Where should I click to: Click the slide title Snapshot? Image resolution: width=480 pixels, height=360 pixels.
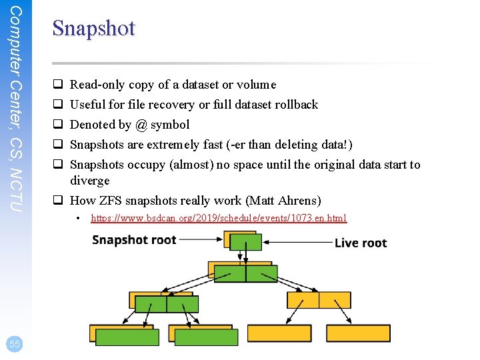click(x=93, y=28)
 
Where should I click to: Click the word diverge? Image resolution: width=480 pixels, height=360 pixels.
click(x=90, y=181)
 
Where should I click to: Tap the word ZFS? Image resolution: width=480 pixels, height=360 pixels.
click(x=109, y=201)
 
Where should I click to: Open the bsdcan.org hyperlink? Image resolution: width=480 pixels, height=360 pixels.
click(x=219, y=218)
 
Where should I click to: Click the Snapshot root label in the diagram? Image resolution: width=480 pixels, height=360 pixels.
click(x=134, y=240)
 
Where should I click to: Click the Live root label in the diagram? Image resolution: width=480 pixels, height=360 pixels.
click(x=361, y=243)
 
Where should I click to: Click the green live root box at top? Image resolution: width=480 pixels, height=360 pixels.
click(x=245, y=242)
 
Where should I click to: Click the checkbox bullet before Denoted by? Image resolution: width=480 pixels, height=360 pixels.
click(x=58, y=125)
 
